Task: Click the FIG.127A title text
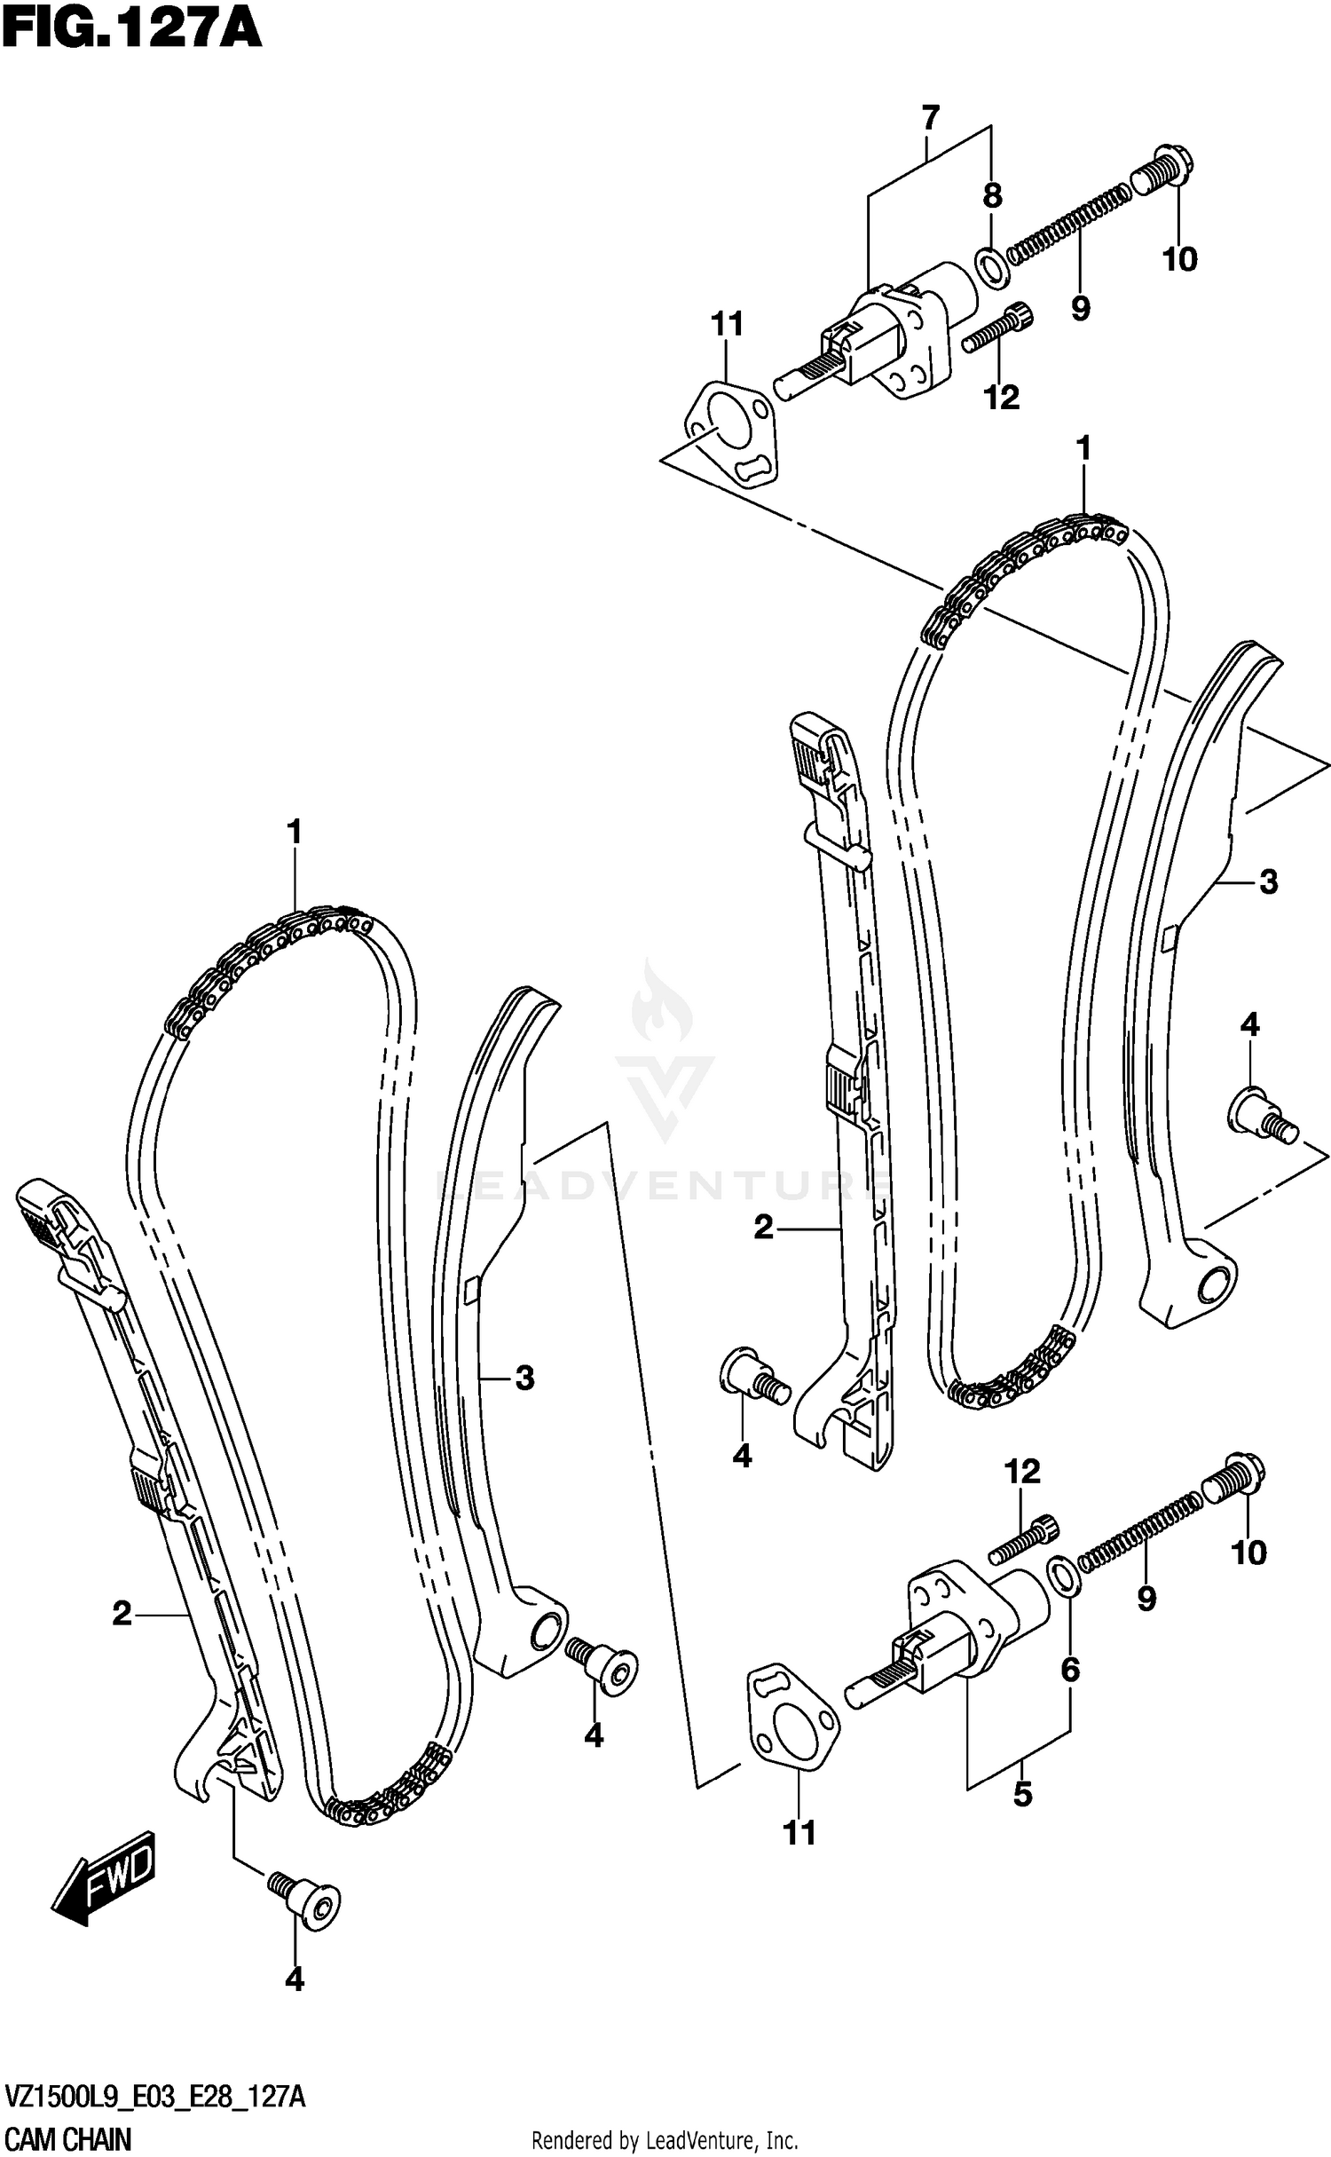pyautogui.click(x=131, y=28)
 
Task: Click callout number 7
pyautogui.click(x=929, y=118)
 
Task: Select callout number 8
pyautogui.click(x=992, y=196)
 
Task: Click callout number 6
pyautogui.click(x=1070, y=1671)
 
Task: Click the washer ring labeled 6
pyautogui.click(x=1063, y=1573)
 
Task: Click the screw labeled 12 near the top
pyautogui.click(x=996, y=328)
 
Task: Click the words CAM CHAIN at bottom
pyautogui.click(x=68, y=2139)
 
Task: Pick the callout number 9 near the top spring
pyautogui.click(x=1079, y=309)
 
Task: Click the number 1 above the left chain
pyautogui.click(x=295, y=832)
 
